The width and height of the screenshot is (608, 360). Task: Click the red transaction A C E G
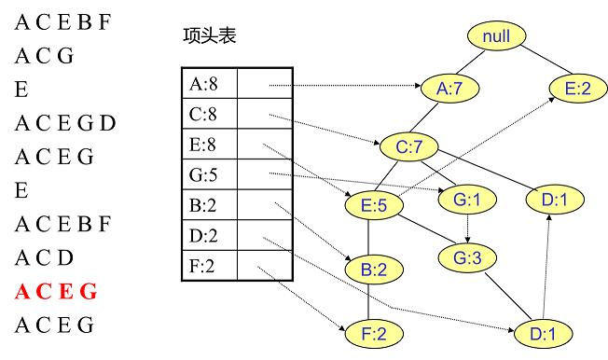click(55, 292)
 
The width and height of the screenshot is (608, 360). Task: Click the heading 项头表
click(209, 37)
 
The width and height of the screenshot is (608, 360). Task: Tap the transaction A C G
click(44, 56)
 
